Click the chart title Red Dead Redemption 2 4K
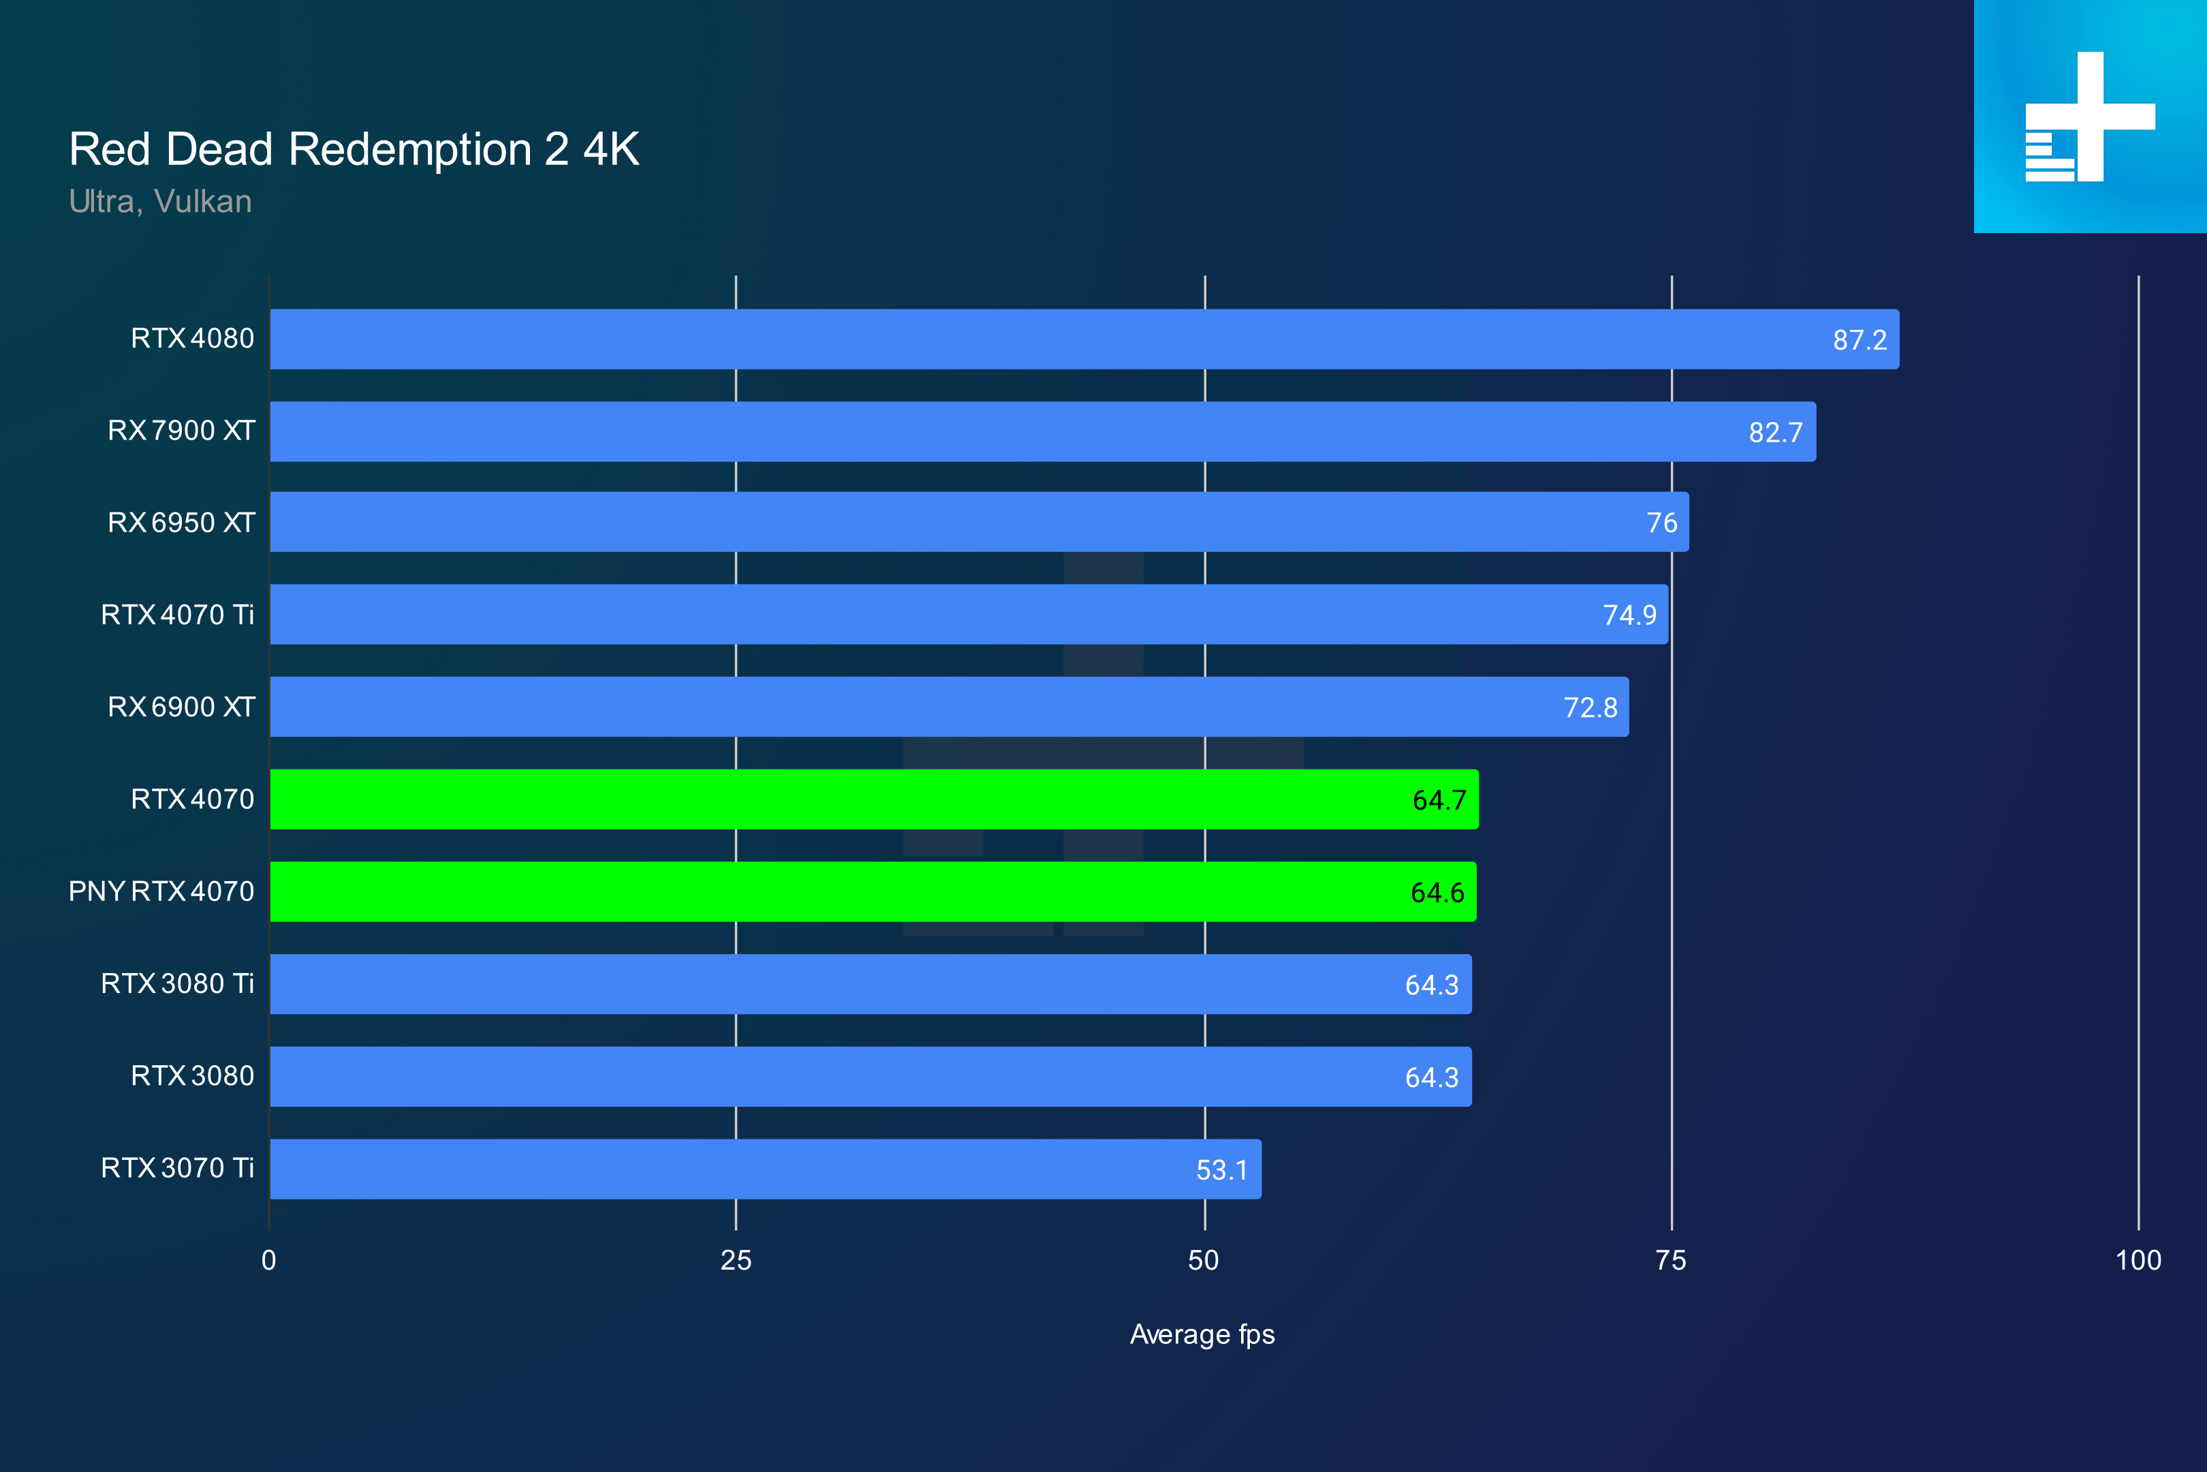click(x=354, y=149)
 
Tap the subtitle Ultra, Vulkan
click(x=161, y=202)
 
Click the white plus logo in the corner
click(x=2090, y=117)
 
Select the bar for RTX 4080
click(x=1084, y=339)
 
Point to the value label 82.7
click(x=1775, y=432)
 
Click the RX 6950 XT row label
click(x=181, y=523)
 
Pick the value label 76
click(x=1662, y=523)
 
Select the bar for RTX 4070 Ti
click(x=969, y=614)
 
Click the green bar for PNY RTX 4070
click(x=873, y=892)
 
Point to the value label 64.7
click(x=1439, y=800)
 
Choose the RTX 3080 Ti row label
click(x=177, y=983)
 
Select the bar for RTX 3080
click(x=870, y=1077)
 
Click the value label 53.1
click(x=1222, y=1169)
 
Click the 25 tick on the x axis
click(x=736, y=1260)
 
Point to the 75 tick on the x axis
click(x=1670, y=1260)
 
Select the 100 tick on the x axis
click(x=2138, y=1260)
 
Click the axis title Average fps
click(x=1202, y=1334)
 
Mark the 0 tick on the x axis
click(x=269, y=1260)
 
